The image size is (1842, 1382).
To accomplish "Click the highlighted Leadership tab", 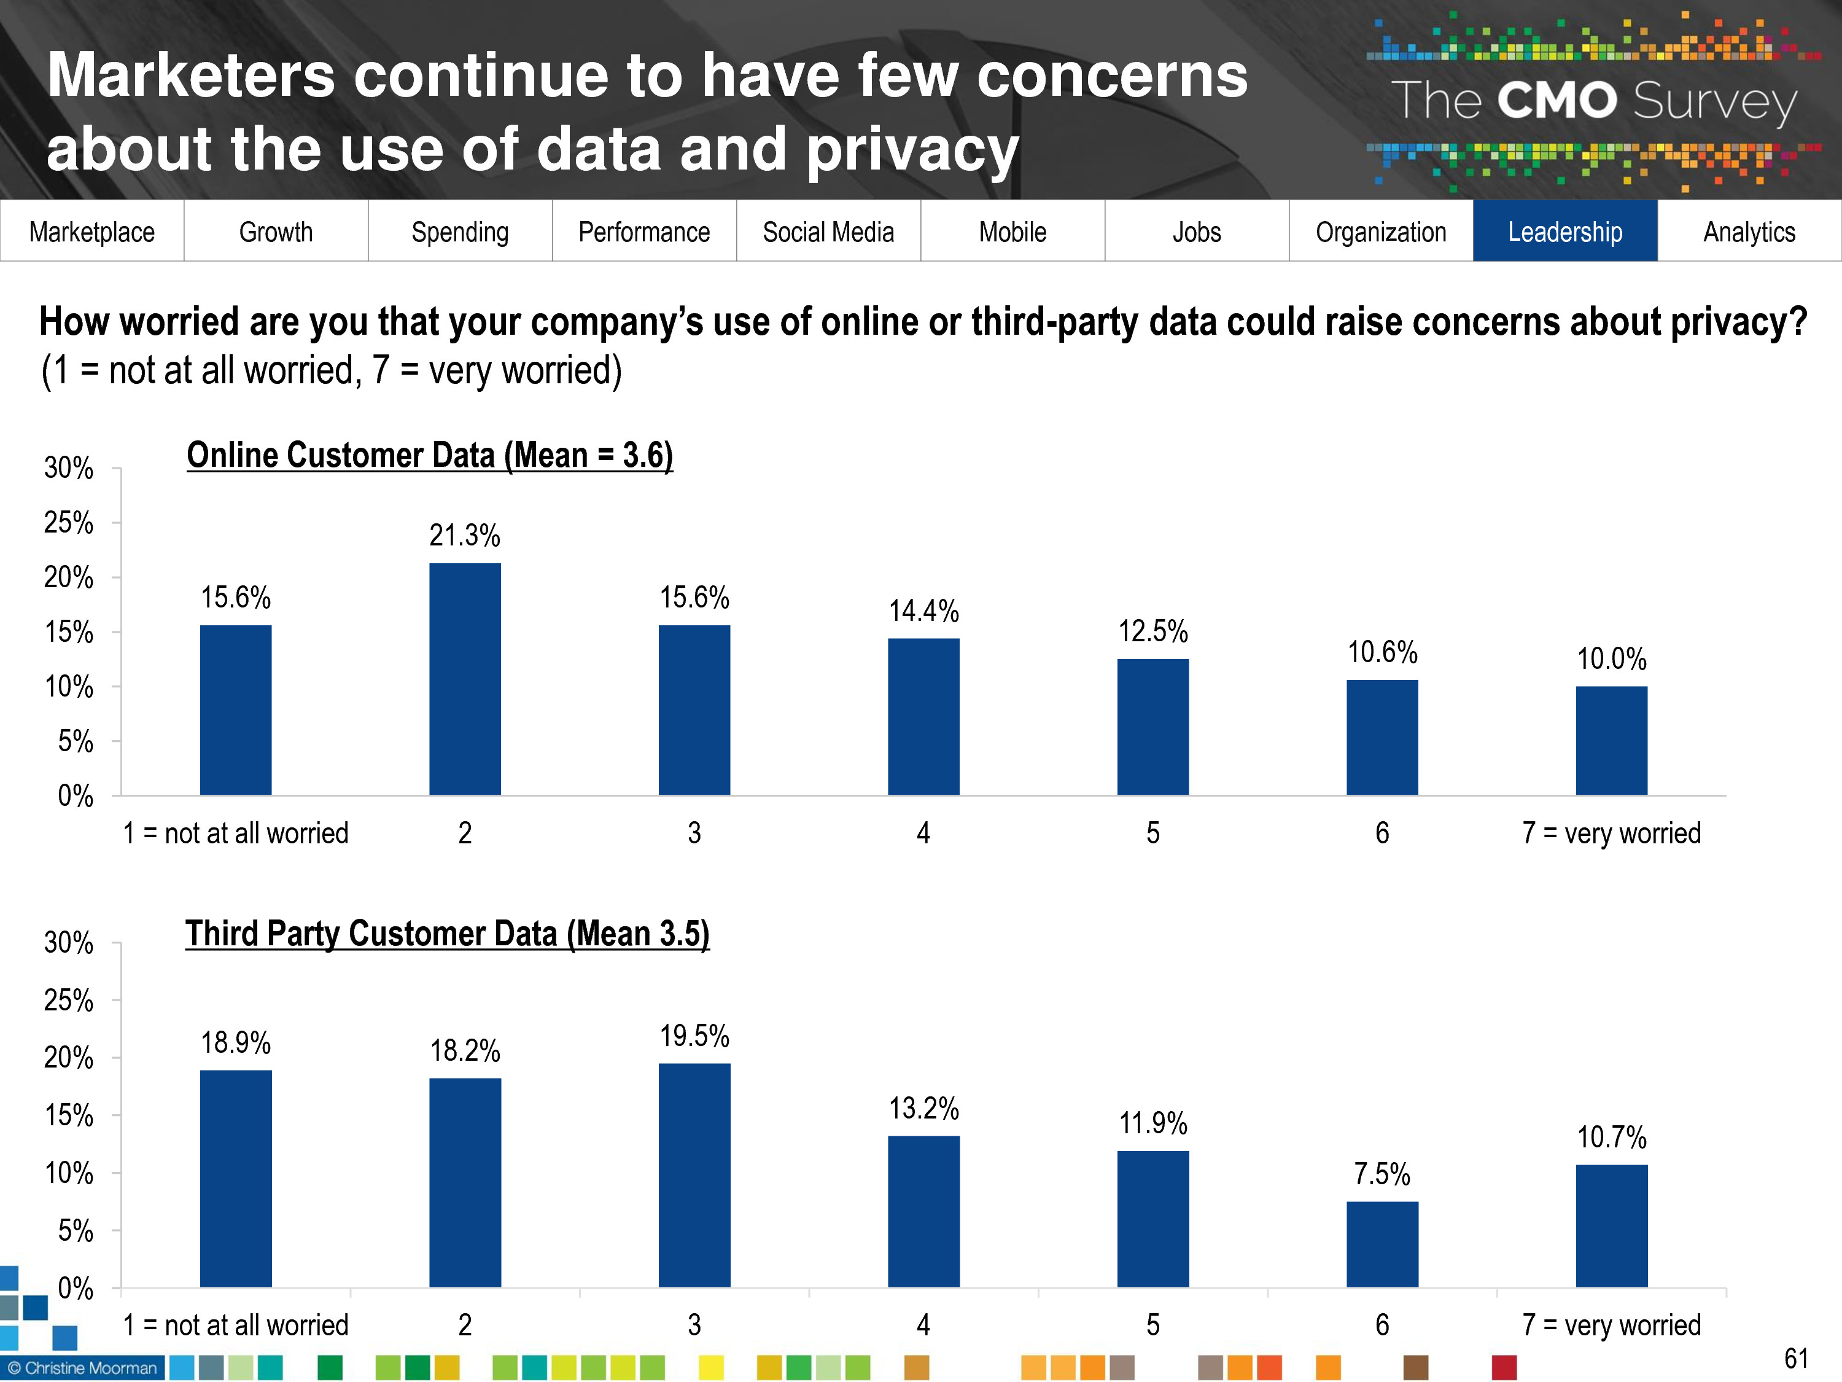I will coord(1564,231).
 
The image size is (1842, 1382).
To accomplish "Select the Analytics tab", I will coord(1749,231).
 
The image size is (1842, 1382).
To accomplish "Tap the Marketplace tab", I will coord(91,231).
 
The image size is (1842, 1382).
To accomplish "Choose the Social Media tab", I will coord(828,231).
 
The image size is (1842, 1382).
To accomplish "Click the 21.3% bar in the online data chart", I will coord(465,679).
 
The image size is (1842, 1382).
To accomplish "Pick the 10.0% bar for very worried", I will coord(1611,741).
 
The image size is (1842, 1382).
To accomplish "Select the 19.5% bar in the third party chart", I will coord(694,1174).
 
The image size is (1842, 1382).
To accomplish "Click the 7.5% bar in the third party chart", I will coord(1382,1244).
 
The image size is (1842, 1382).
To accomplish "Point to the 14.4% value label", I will coord(923,611).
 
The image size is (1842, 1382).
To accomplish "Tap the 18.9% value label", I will coord(236,1042).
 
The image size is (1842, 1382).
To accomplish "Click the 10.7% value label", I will coord(1611,1137).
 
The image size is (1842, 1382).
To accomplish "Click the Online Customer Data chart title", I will coord(430,455).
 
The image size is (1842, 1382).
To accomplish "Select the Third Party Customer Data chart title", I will coord(447,933).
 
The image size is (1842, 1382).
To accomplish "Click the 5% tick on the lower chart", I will coord(75,1230).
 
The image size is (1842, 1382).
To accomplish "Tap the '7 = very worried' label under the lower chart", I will coord(1611,1324).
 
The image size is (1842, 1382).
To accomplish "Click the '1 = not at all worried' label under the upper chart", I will coord(236,833).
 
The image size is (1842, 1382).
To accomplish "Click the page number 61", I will coord(1795,1359).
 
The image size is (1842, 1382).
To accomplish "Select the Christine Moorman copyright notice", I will coord(82,1368).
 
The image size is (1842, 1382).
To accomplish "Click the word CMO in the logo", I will coord(1556,101).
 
